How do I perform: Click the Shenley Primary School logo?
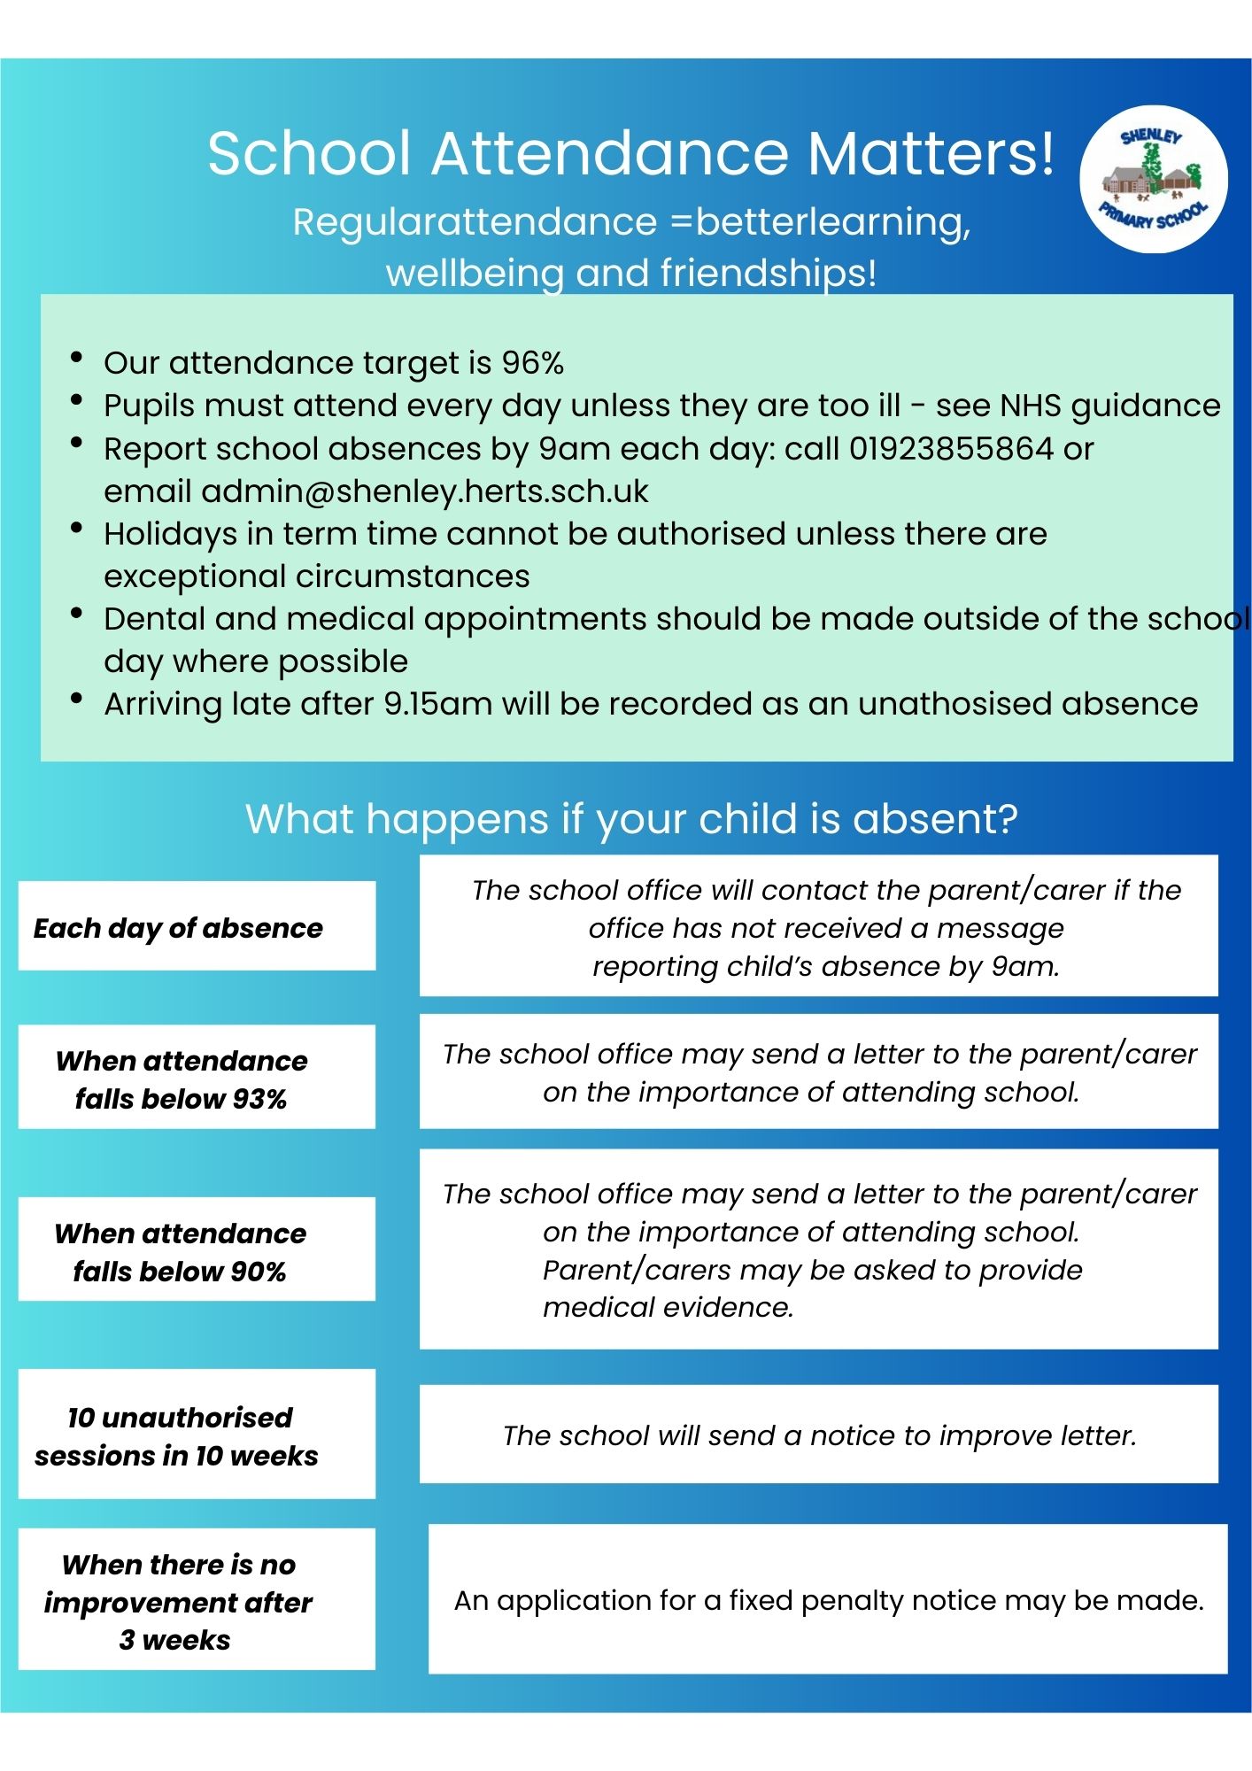(x=1153, y=180)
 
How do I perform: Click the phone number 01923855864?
(x=952, y=449)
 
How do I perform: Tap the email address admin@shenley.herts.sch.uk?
(x=425, y=491)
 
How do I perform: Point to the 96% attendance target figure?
(x=532, y=363)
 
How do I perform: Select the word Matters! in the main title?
(x=931, y=153)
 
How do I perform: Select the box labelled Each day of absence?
(x=197, y=926)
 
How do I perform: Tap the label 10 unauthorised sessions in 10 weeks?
(x=178, y=1435)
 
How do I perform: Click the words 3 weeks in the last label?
(x=174, y=1640)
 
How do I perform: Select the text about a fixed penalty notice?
(x=828, y=1600)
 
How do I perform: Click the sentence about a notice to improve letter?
(x=819, y=1435)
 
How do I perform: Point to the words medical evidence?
(x=668, y=1307)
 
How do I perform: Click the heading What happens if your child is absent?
(x=631, y=819)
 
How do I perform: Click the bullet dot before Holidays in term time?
(x=77, y=529)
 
